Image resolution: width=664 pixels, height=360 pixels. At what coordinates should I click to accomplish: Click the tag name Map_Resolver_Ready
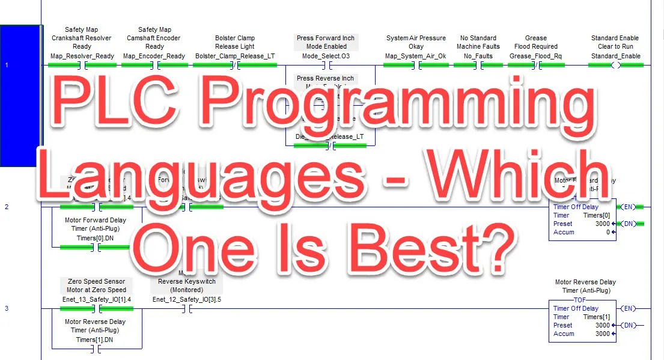click(82, 56)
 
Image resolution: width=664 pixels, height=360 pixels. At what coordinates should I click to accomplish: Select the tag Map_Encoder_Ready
click(154, 56)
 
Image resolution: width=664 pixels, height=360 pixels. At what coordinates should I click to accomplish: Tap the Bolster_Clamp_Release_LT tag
click(235, 56)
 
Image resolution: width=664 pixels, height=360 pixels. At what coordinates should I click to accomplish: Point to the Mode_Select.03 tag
click(326, 56)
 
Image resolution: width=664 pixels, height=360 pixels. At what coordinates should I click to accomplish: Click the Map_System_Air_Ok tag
click(416, 56)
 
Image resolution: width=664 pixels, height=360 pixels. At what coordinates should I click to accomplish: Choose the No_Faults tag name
click(478, 56)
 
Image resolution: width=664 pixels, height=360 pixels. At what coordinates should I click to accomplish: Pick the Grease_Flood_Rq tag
click(536, 56)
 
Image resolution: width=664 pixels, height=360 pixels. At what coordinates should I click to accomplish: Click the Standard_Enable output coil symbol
click(615, 66)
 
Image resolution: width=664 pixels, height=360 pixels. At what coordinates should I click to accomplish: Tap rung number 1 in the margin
click(7, 64)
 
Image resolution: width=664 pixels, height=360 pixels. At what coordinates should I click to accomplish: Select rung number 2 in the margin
click(7, 207)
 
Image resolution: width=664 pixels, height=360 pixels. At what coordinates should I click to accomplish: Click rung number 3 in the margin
click(7, 308)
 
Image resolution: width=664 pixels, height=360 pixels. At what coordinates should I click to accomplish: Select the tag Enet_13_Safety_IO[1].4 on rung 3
click(97, 299)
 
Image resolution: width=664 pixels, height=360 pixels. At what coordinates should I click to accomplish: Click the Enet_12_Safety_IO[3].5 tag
click(187, 299)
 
